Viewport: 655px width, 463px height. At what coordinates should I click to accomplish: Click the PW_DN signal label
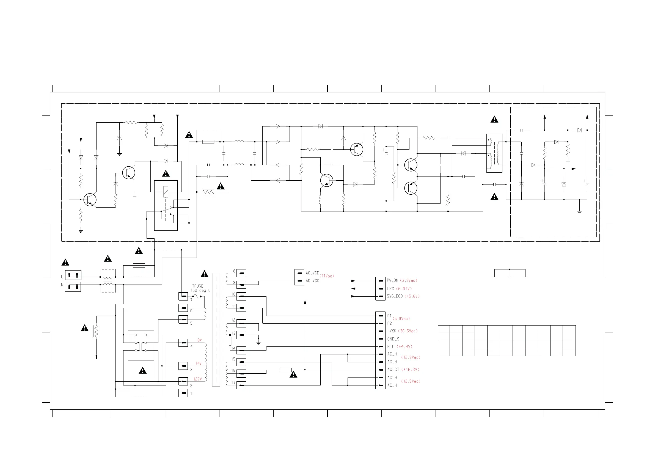pyautogui.click(x=393, y=280)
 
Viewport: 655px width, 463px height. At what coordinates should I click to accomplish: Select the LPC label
pyautogui.click(x=390, y=289)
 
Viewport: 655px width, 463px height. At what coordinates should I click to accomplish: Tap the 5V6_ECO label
pyautogui.click(x=395, y=296)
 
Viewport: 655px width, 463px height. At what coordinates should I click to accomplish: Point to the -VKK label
pyautogui.click(x=392, y=331)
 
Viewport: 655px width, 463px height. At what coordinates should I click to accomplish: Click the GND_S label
pyautogui.click(x=393, y=339)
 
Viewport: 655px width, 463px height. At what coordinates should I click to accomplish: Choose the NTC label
pyautogui.click(x=391, y=347)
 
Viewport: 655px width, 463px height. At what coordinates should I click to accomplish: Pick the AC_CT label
pyautogui.click(x=393, y=370)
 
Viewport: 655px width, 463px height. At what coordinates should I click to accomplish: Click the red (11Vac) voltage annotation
pyautogui.click(x=327, y=276)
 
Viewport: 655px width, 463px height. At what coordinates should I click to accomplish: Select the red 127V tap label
pyautogui.click(x=198, y=379)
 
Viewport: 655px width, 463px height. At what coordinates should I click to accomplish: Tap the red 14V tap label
pyautogui.click(x=198, y=363)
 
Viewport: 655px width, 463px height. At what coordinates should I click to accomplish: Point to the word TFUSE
pyautogui.click(x=198, y=286)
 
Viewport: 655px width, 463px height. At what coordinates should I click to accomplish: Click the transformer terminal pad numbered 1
pyautogui.click(x=183, y=393)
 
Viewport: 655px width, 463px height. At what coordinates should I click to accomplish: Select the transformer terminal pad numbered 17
pyautogui.click(x=241, y=385)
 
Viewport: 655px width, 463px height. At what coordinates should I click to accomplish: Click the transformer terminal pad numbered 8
pyautogui.click(x=241, y=273)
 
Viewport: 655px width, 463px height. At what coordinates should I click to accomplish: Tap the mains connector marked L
pyautogui.click(x=73, y=275)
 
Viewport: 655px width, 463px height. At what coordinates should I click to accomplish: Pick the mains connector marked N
pyautogui.click(x=73, y=286)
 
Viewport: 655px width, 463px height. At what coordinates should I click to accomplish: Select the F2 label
pyautogui.click(x=389, y=324)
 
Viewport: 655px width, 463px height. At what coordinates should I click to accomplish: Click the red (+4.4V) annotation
pyautogui.click(x=404, y=347)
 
